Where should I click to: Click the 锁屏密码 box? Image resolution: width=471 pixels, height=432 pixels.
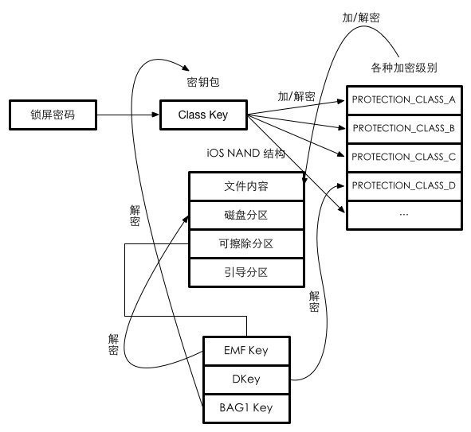tap(52, 115)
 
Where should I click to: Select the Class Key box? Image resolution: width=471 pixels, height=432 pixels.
tap(203, 115)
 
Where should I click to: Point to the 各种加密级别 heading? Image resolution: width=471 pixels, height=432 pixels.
tap(403, 66)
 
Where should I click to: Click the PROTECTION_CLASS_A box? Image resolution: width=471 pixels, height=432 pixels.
tap(403, 99)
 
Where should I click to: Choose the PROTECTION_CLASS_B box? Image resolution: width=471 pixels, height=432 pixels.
tap(403, 128)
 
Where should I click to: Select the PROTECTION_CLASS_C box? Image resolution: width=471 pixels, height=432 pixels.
tap(403, 157)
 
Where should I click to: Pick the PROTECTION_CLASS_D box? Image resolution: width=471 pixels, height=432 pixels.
tap(403, 185)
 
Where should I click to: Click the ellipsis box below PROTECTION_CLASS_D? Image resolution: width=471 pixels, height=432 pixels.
tap(403, 214)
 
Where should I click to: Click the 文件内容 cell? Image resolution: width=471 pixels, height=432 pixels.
tap(246, 186)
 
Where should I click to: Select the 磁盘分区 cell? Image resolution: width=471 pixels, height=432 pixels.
tap(246, 215)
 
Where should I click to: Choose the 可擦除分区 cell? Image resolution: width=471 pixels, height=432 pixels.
tap(246, 243)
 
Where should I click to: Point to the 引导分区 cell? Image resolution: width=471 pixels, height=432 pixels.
tap(246, 272)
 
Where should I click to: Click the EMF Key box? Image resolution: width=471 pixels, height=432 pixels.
tap(245, 351)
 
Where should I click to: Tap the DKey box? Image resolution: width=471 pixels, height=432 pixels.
tap(245, 379)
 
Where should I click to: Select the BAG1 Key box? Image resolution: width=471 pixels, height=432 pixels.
tap(245, 408)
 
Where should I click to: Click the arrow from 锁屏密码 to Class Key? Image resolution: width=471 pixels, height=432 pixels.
tap(128, 115)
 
